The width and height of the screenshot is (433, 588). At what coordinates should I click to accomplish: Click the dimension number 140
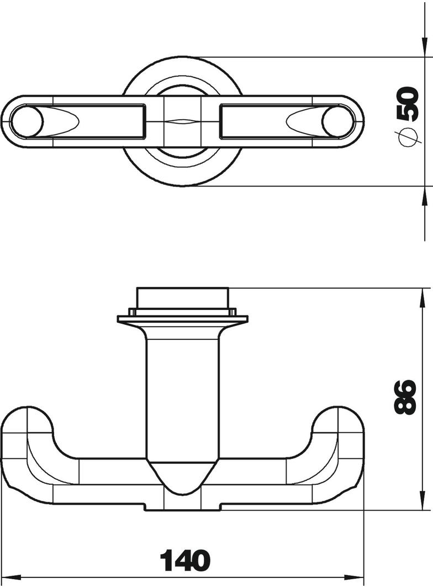tap(185, 560)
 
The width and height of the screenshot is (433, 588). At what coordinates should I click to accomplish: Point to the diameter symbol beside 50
tap(407, 136)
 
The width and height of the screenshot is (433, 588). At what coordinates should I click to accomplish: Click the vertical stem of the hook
tap(182, 398)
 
